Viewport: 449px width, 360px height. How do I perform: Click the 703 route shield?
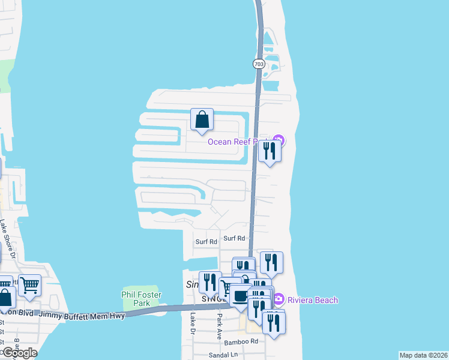(259, 64)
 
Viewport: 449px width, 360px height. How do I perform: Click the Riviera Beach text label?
(312, 300)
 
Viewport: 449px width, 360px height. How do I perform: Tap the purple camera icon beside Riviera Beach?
(279, 298)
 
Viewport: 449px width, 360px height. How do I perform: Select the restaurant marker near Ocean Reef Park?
(270, 151)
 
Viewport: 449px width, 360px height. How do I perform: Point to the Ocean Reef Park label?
(237, 142)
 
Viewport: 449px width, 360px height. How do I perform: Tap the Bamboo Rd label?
(241, 342)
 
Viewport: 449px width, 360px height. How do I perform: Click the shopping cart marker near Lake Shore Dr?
(29, 285)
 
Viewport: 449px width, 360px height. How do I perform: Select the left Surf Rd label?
(206, 242)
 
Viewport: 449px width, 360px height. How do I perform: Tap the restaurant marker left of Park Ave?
(210, 282)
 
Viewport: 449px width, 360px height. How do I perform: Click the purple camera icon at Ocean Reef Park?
(280, 142)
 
